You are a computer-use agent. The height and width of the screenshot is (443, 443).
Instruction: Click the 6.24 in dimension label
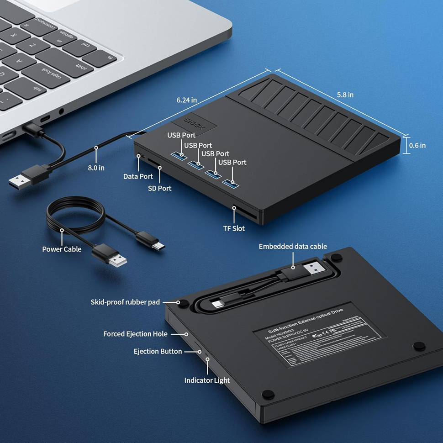coord(187,100)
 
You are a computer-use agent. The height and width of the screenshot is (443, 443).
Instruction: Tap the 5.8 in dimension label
coord(345,95)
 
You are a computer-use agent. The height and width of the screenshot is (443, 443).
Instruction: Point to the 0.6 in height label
coord(417,145)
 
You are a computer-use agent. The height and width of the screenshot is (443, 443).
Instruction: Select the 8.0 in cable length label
coord(96,168)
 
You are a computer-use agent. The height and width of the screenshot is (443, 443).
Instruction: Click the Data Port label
coord(138,176)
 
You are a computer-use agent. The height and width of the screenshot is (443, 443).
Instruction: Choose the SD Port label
coord(159,188)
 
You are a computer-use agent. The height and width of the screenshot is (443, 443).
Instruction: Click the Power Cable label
coord(62,249)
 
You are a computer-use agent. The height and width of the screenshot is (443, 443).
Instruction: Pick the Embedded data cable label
coord(293,246)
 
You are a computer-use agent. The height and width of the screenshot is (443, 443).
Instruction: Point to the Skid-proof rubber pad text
coord(125,302)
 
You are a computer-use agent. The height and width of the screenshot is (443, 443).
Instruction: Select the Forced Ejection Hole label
coord(135,334)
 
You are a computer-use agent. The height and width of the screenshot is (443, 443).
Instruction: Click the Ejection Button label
coord(158,351)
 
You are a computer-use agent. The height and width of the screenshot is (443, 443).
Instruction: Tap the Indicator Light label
coord(207,380)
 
